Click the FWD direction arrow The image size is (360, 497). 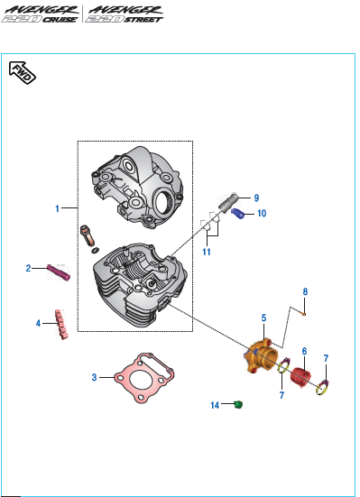pyautogui.click(x=23, y=72)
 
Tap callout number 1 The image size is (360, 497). pyautogui.click(x=58, y=208)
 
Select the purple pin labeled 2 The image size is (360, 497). pyautogui.click(x=59, y=272)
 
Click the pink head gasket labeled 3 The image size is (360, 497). pyautogui.click(x=144, y=378)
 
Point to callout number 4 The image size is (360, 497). pyautogui.click(x=38, y=323)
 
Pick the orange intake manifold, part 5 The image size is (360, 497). pyautogui.click(x=261, y=355)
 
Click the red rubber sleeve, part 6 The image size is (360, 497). pyautogui.click(x=300, y=378)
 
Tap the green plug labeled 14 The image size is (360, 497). pyautogui.click(x=238, y=404)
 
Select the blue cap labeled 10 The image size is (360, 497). pyautogui.click(x=238, y=214)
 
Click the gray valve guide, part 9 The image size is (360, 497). pyautogui.click(x=228, y=203)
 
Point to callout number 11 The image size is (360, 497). pyautogui.click(x=207, y=252)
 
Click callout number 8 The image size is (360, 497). pyautogui.click(x=305, y=291)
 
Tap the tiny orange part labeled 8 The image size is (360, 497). pyautogui.click(x=304, y=314)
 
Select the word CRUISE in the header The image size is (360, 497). pyautogui.click(x=60, y=20)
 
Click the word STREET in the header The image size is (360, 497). pyautogui.click(x=143, y=20)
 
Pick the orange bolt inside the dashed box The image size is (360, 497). pyautogui.click(x=88, y=235)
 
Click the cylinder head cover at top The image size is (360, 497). pyautogui.click(x=137, y=187)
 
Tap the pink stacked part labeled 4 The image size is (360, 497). pyautogui.click(x=61, y=324)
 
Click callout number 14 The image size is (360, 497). pyautogui.click(x=215, y=405)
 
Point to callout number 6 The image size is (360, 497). pyautogui.click(x=304, y=351)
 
